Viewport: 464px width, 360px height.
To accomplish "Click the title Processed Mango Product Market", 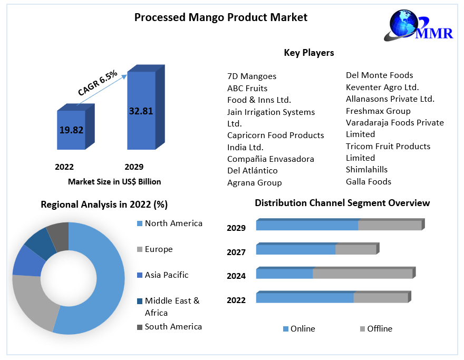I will [220, 17].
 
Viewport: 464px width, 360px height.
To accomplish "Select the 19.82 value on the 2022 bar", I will [71, 130].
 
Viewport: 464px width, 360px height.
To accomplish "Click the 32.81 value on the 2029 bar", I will [141, 111].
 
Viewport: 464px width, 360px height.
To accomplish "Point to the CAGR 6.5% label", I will [98, 83].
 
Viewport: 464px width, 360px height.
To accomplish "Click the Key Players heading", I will [308, 53].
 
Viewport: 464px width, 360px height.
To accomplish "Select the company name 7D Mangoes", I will [252, 76].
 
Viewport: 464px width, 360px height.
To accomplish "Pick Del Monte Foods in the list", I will [379, 75].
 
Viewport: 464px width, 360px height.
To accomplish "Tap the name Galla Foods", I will [368, 182].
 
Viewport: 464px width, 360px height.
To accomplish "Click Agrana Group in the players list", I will [254, 183].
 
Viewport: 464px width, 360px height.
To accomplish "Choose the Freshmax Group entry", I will [378, 111].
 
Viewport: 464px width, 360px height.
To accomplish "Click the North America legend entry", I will [173, 223].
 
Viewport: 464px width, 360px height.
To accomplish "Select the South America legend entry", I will [173, 327].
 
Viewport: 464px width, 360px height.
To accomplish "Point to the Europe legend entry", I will [158, 249].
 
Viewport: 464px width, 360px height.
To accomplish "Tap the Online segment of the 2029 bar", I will [307, 226].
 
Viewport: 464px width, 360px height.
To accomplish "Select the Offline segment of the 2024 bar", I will [362, 274].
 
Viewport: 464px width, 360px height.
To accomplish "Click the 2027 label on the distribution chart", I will [236, 252].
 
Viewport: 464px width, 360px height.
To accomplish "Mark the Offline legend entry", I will [379, 329].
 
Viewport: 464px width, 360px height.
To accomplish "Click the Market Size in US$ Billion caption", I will [114, 182].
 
